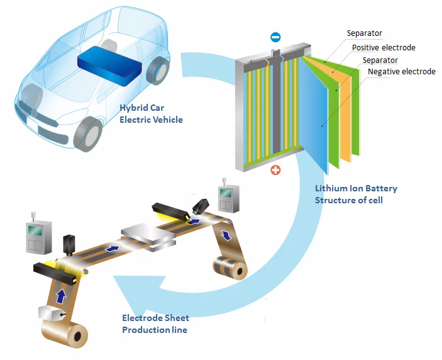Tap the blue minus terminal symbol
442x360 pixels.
275,38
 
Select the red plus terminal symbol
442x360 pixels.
275,170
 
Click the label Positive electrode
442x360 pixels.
384,47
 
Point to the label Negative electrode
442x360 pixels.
401,72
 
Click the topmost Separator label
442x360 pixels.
364,33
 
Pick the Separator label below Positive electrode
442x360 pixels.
380,60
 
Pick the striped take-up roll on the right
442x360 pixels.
229,267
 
